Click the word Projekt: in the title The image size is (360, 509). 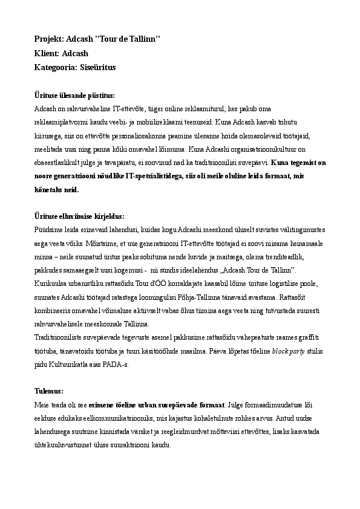point(48,39)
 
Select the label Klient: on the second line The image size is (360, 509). point(48,53)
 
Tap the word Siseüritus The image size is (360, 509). point(98,68)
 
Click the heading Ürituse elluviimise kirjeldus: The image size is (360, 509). point(79,216)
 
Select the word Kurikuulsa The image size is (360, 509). point(52,282)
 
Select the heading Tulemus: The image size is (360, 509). point(50,391)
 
